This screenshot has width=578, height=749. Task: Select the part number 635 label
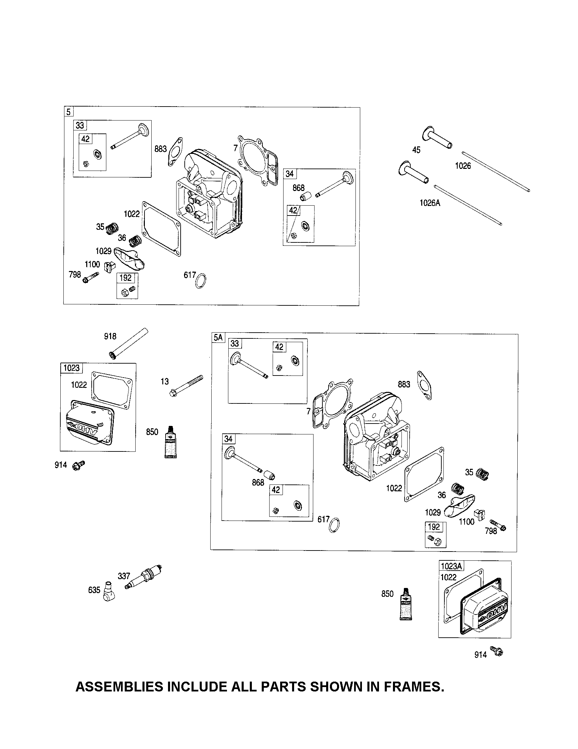coord(94,590)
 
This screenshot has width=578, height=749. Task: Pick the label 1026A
coord(430,203)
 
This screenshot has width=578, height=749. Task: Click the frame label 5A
coord(218,338)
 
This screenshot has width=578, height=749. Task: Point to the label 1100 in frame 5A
coord(467,522)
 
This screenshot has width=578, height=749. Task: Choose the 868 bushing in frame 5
coord(305,198)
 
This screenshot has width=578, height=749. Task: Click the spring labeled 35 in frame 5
coord(111,228)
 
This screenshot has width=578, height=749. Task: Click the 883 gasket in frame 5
coord(176,151)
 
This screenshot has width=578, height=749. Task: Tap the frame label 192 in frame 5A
coord(434,526)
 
